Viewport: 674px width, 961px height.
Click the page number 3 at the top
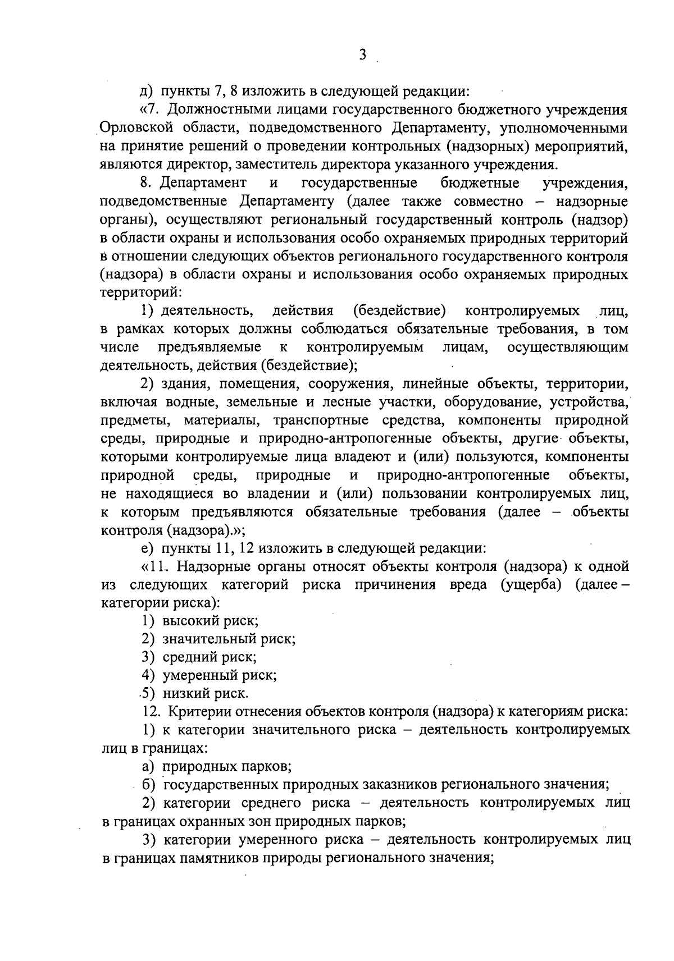[362, 54]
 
